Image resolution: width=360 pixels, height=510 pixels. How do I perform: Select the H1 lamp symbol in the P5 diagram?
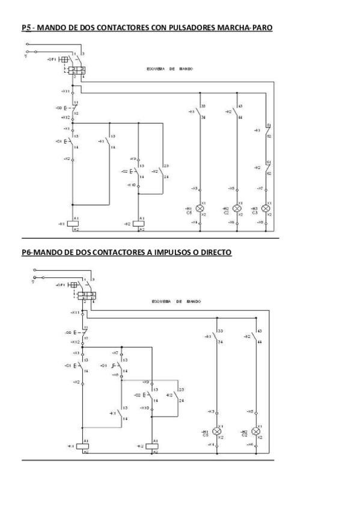click(x=201, y=209)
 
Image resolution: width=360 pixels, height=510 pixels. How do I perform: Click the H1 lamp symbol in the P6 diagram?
click(x=218, y=432)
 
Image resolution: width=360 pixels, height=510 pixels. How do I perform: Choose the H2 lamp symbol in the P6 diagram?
click(x=256, y=432)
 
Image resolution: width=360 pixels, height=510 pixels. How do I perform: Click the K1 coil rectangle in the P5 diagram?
click(x=76, y=223)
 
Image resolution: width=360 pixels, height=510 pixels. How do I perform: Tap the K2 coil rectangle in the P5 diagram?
click(x=139, y=223)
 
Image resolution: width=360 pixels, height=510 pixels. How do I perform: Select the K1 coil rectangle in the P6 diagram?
click(x=86, y=446)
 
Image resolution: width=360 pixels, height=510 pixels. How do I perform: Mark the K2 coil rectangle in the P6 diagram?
click(x=154, y=446)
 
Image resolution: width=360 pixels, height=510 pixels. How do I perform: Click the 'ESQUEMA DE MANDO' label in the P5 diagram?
click(x=169, y=69)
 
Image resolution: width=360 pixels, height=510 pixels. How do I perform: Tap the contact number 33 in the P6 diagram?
click(x=221, y=331)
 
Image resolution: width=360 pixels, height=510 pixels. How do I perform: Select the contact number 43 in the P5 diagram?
click(x=240, y=106)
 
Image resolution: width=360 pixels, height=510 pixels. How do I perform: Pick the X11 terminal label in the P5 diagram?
click(x=65, y=91)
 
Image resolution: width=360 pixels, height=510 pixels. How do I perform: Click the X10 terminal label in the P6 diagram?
click(x=144, y=408)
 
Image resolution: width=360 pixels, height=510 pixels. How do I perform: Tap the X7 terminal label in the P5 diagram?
click(x=260, y=188)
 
